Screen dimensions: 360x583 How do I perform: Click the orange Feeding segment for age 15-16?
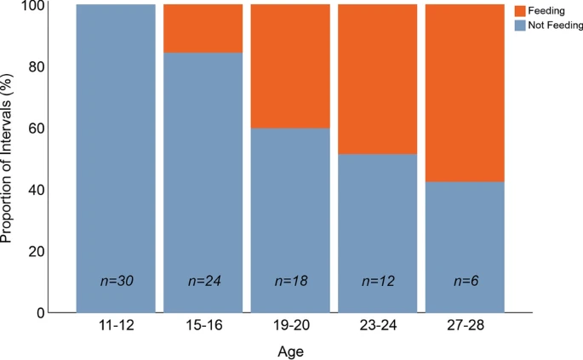(203, 28)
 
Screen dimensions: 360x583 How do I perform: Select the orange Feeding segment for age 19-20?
(289, 66)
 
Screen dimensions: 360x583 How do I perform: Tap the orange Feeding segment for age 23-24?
(377, 79)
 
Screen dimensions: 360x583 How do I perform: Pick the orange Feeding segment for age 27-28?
(465, 93)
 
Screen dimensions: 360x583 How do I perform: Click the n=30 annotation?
(116, 281)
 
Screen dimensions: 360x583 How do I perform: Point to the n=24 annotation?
(203, 281)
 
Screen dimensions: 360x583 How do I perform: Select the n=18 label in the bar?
(290, 281)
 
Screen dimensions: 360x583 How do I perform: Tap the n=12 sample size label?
(377, 281)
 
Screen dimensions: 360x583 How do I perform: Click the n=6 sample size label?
(465, 281)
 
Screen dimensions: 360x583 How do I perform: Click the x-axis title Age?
(290, 351)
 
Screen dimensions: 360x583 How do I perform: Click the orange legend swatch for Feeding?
(520, 11)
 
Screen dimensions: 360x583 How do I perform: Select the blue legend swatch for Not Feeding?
(520, 26)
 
